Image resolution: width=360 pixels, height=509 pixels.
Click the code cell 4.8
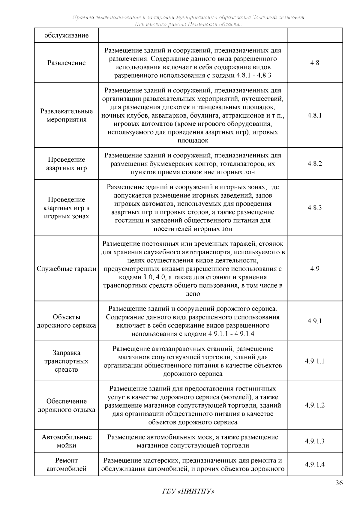pos(315,63)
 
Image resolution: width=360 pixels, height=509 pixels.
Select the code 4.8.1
pos(315,115)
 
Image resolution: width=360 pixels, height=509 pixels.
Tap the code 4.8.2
pos(315,163)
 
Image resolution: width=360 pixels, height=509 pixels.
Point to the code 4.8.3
pos(315,208)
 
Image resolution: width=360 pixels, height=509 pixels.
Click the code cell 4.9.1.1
pos(315,361)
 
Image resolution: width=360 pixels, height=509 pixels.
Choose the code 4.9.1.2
pos(315,405)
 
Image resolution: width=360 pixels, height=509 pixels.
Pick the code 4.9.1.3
pos(315,441)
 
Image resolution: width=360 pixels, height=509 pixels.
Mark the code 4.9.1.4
pos(315,464)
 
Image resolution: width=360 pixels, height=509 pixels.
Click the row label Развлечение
pos(67,63)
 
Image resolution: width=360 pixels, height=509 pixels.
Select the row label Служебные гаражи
pos(67,268)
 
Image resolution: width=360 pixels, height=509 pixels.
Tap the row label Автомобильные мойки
pos(67,441)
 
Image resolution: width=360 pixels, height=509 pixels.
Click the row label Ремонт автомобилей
pos(67,464)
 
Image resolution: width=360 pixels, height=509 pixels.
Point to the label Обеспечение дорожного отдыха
pos(67,405)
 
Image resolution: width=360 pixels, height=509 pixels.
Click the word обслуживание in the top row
pos(67,35)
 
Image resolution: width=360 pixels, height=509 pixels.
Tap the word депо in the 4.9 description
pos(193,294)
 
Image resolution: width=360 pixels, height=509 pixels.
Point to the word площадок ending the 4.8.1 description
pos(193,140)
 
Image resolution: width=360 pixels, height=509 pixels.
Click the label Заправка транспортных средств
pos(67,361)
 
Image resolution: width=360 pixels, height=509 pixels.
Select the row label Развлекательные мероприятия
pos(67,115)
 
